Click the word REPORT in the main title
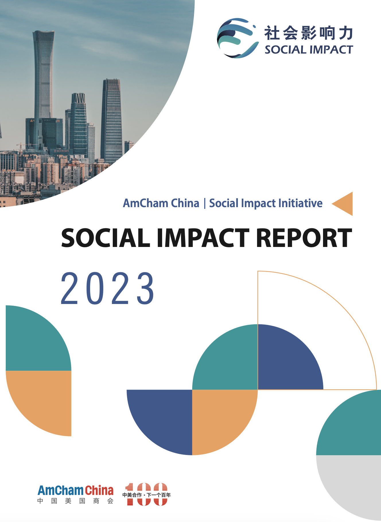(x=304, y=238)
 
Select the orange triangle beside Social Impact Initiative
(x=342, y=204)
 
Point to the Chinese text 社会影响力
(x=309, y=33)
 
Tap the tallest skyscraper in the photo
(x=44, y=86)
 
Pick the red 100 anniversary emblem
(x=147, y=494)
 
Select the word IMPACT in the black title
(x=203, y=238)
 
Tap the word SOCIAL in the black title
(x=106, y=238)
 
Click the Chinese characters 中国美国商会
(x=75, y=501)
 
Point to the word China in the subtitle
(x=185, y=203)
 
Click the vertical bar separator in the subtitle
(x=205, y=204)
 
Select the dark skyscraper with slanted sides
(x=112, y=120)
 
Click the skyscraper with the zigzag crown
(x=78, y=125)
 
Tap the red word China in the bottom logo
(x=99, y=490)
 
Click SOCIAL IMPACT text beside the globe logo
(x=309, y=50)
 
